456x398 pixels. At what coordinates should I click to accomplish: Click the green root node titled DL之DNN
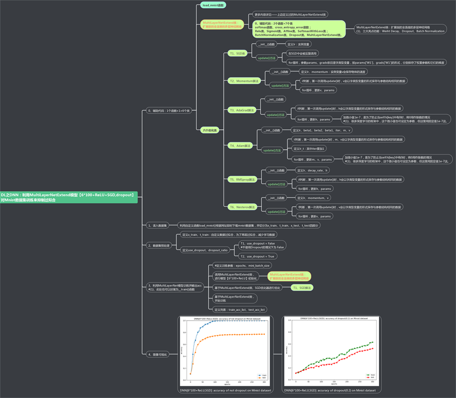pyautogui.click(x=68, y=197)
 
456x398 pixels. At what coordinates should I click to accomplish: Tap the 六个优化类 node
pyautogui.click(x=210, y=130)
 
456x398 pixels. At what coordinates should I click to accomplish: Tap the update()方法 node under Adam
pyautogui.click(x=272, y=150)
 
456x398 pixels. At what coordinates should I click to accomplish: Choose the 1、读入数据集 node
pyautogui.click(x=158, y=225)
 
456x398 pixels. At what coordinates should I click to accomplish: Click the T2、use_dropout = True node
pyautogui.click(x=258, y=256)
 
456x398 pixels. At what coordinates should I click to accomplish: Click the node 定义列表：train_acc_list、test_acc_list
pyautogui.click(x=240, y=310)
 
